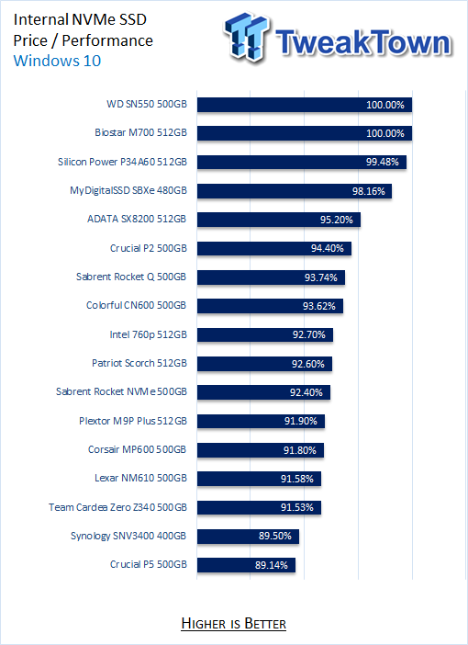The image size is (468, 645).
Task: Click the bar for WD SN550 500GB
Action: tap(304, 105)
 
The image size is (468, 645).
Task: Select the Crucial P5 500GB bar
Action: tap(246, 565)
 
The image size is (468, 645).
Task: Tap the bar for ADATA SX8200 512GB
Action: tap(279, 220)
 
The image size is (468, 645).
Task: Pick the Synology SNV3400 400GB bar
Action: tap(248, 536)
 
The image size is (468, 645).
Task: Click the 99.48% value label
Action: tap(382, 162)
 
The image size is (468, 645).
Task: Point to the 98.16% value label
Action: tap(369, 191)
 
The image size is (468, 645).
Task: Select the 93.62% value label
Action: tap(318, 307)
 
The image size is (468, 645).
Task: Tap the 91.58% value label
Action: tap(296, 479)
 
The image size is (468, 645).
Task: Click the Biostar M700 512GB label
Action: tap(140, 132)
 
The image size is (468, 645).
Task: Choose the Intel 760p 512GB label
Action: tap(148, 334)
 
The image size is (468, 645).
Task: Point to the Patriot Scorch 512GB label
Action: tap(139, 363)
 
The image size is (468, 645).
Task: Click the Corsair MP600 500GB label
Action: tap(138, 449)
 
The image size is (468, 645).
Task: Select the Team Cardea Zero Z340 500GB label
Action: tap(117, 507)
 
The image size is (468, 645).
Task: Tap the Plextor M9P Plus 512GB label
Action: tap(133, 421)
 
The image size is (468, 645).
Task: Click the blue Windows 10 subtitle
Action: tap(57, 61)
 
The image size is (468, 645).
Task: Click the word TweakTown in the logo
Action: tap(363, 42)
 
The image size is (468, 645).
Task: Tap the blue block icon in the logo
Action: tap(247, 36)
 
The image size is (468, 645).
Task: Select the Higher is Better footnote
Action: tap(233, 624)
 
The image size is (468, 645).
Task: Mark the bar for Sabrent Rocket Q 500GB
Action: tap(271, 277)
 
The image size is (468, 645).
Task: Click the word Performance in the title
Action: tap(107, 40)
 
